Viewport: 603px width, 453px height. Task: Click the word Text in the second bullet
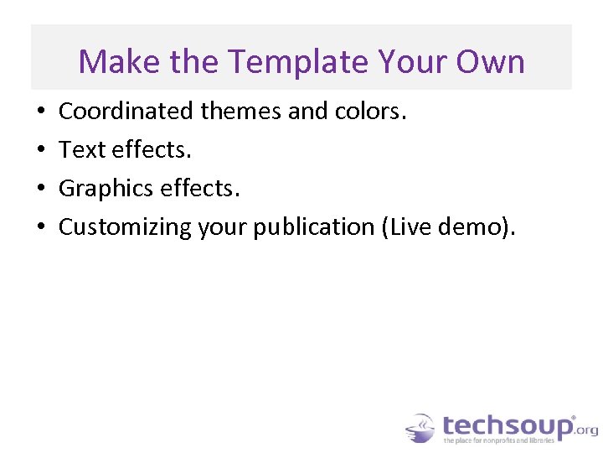click(81, 149)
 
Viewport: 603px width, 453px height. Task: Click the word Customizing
click(125, 227)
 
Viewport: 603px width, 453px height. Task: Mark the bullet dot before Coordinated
click(41, 112)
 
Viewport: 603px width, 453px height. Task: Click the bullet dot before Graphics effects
click(41, 189)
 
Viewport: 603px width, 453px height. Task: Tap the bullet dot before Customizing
click(41, 227)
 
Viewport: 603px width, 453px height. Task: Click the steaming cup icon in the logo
click(420, 427)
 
